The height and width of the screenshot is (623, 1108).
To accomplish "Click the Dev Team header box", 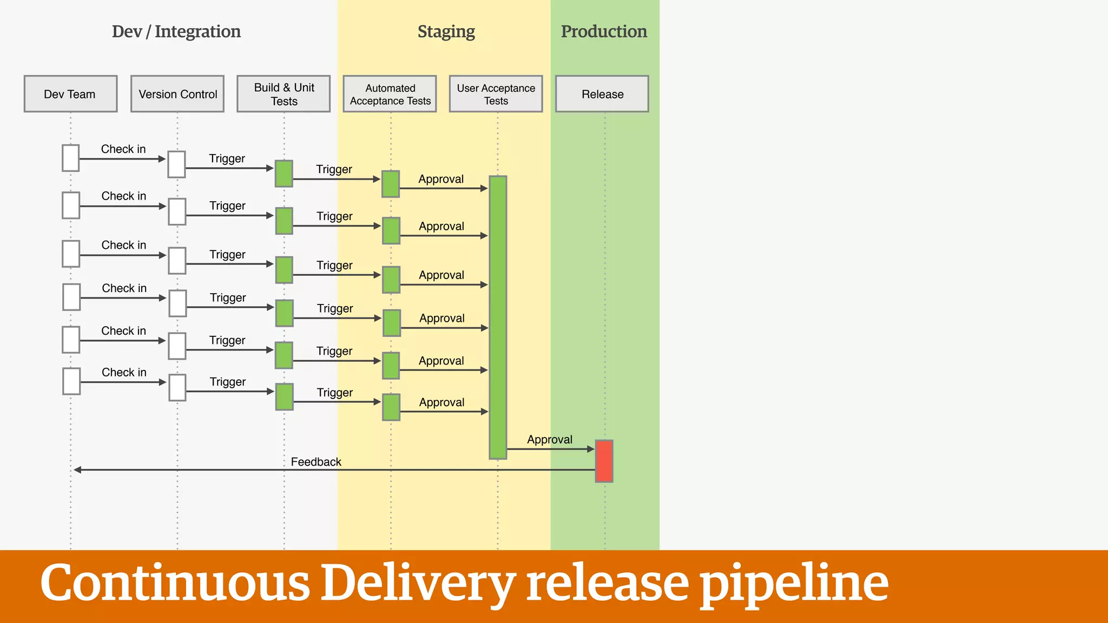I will (70, 94).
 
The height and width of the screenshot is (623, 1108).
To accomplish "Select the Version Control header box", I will (177, 94).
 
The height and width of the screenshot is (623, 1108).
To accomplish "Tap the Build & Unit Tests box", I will (283, 94).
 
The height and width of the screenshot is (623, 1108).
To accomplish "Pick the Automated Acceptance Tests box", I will (390, 94).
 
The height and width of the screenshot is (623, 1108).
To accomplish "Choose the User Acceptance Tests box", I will (496, 94).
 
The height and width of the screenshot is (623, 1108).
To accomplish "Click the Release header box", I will (602, 94).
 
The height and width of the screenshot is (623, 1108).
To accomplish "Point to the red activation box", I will (604, 461).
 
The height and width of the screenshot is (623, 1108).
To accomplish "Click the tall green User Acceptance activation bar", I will (498, 317).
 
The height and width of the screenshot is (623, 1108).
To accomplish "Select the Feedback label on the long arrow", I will (316, 462).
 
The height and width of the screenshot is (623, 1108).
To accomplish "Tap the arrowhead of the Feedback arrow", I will (77, 470).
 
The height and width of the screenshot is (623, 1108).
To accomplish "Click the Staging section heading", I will (446, 31).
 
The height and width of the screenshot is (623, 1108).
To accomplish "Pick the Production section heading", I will (604, 31).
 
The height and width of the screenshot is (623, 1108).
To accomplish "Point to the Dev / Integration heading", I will (176, 31).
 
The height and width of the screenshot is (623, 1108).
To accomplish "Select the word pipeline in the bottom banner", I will (794, 583).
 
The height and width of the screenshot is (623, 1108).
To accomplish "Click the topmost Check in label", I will (123, 149).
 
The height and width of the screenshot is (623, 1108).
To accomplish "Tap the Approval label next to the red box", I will (550, 439).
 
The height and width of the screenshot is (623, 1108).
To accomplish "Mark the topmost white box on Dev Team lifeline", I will (71, 158).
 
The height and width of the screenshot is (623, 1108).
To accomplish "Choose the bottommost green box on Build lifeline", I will (284, 396).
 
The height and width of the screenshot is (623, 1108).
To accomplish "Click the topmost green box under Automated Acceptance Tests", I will (391, 184).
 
